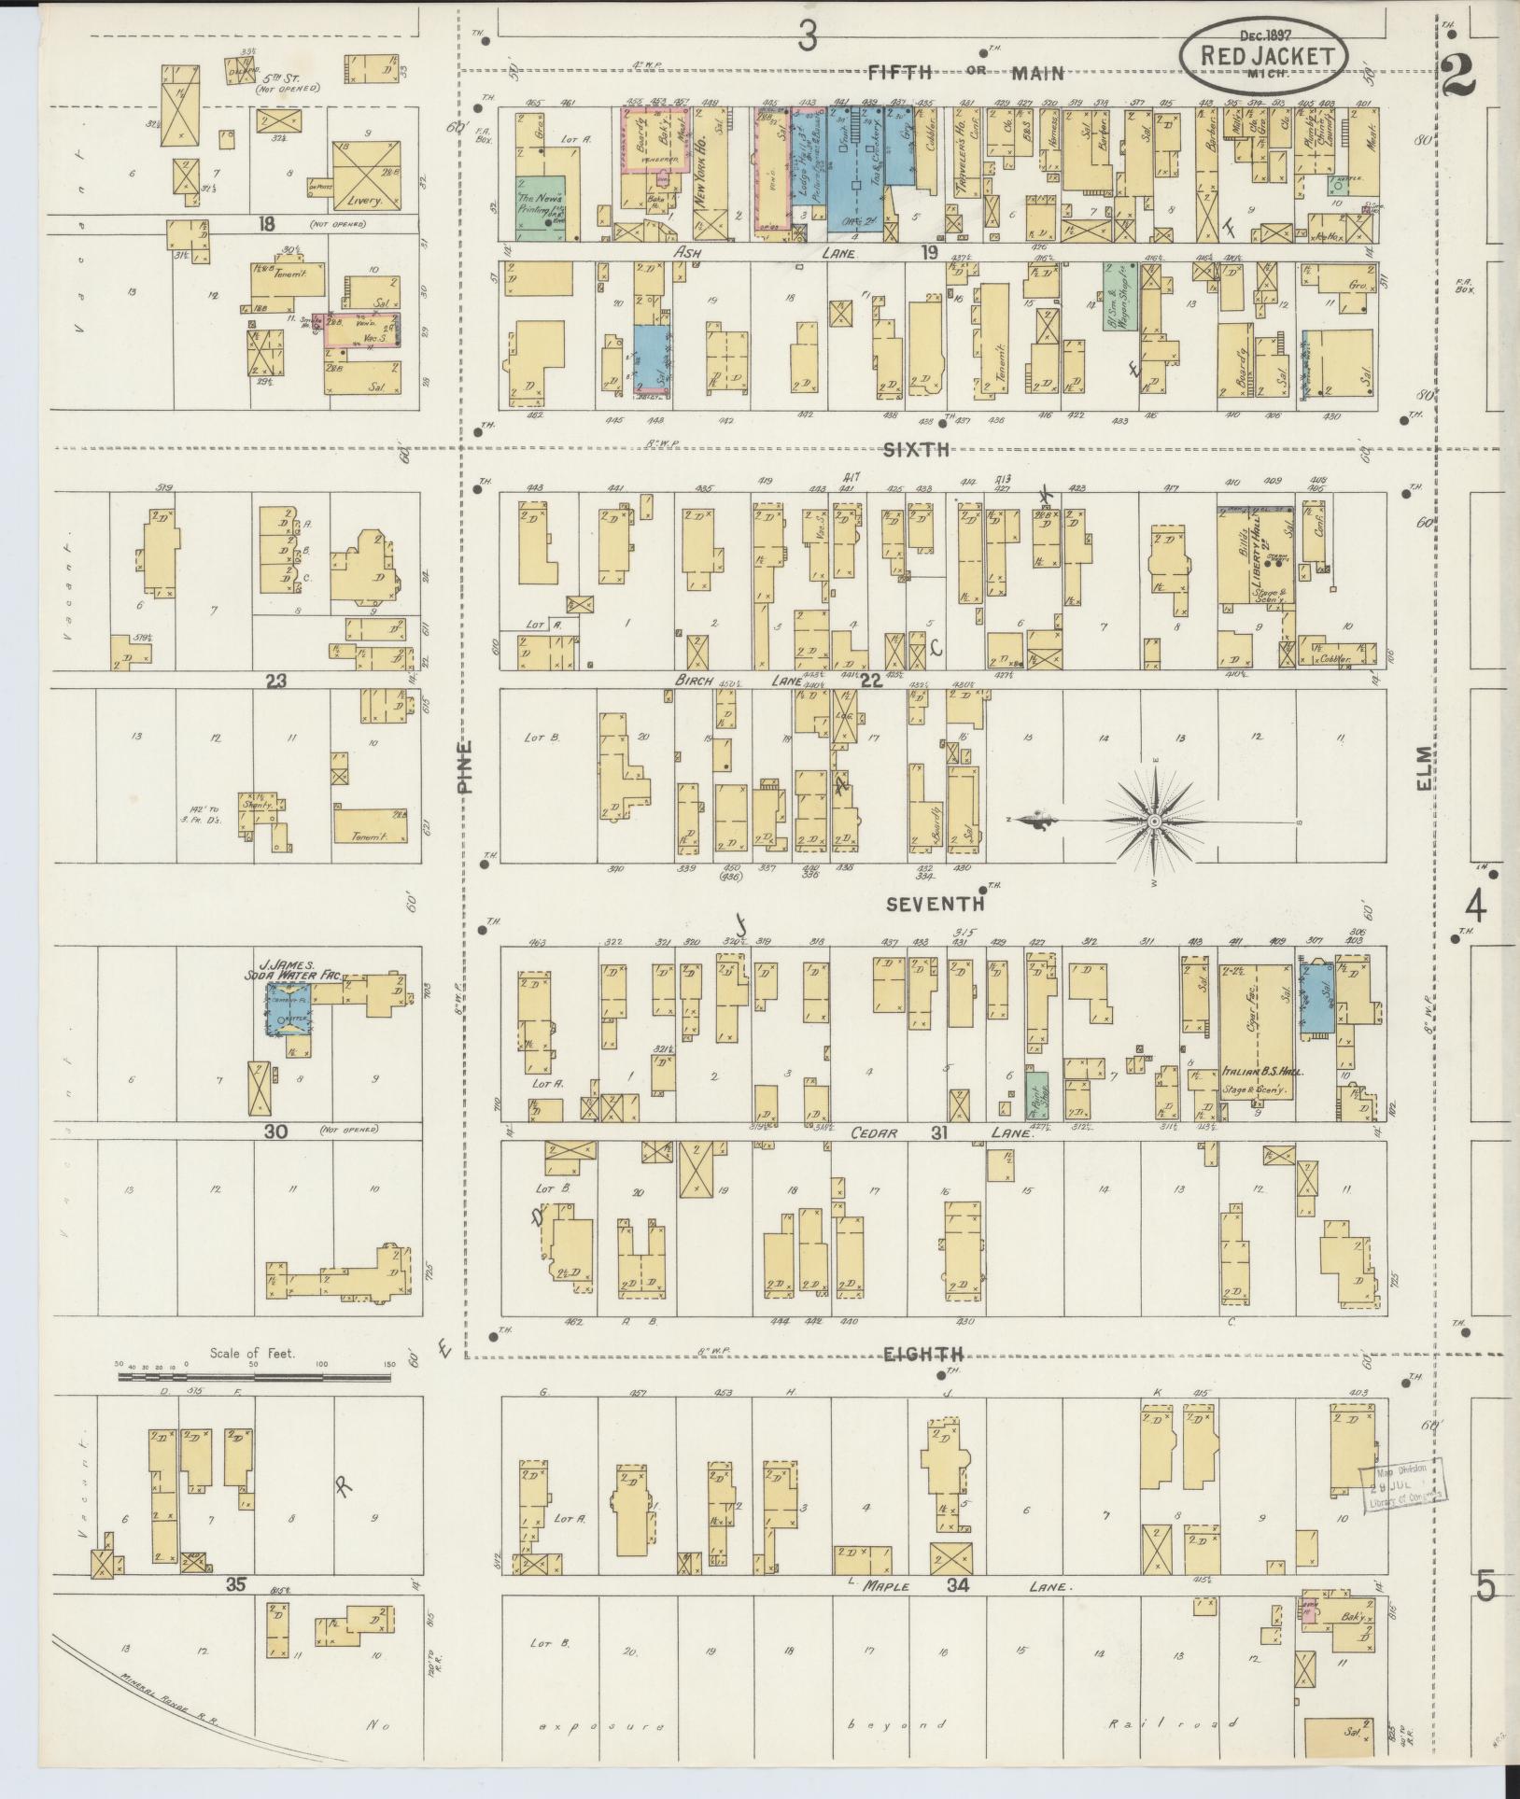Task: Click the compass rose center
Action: click(x=1154, y=821)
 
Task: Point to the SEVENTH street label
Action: click(x=935, y=904)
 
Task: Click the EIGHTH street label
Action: click(x=936, y=1354)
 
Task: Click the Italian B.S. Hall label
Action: click(x=1262, y=1073)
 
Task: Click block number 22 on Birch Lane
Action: click(x=870, y=681)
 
